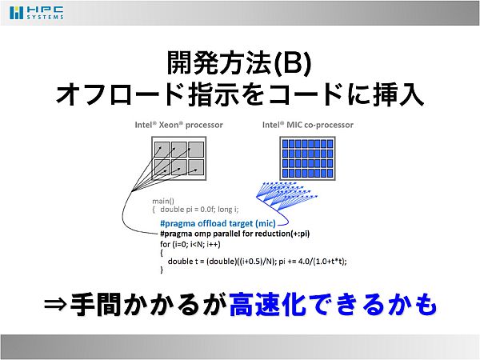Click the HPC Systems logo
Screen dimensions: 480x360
(37, 13)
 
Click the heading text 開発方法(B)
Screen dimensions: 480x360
(239, 62)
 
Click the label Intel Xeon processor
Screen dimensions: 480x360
(178, 125)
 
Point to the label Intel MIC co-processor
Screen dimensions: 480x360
(308, 125)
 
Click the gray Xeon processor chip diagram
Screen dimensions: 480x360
(178, 158)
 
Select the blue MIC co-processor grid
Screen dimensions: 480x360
(308, 158)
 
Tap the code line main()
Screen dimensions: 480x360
(163, 201)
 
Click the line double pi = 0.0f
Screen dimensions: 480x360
(199, 210)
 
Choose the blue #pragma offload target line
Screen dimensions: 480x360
(218, 223)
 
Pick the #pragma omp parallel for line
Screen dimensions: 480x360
(234, 234)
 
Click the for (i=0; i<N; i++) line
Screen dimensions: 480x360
(190, 244)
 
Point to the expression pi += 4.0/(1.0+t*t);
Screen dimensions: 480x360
(313, 262)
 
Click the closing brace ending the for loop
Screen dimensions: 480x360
(162, 270)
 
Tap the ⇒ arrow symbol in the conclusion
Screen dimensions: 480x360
(55, 304)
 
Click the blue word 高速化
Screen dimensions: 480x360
(268, 304)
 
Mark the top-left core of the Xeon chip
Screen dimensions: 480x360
(162, 150)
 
